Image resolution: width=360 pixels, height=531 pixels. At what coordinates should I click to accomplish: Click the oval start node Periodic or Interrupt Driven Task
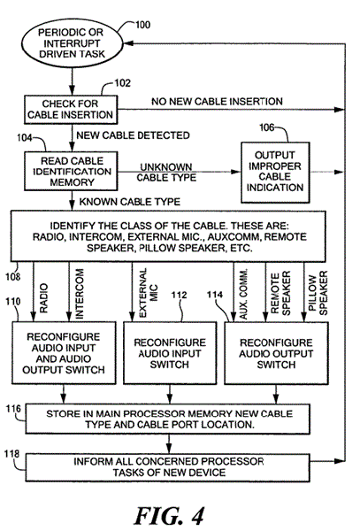click(72, 43)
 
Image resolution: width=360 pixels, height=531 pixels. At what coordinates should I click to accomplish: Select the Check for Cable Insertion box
click(71, 110)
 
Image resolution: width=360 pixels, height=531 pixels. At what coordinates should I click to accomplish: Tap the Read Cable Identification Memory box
click(71, 171)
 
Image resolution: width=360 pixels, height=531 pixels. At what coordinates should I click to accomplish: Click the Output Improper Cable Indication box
click(275, 172)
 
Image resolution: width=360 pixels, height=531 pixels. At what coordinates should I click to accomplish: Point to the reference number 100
click(142, 25)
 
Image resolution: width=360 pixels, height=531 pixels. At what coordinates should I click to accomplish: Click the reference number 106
click(266, 127)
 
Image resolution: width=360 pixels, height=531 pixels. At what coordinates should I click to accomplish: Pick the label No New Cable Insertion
click(217, 101)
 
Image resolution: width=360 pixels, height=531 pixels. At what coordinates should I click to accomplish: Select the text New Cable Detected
click(133, 135)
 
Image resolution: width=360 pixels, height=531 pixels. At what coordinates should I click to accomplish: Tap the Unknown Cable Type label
click(166, 173)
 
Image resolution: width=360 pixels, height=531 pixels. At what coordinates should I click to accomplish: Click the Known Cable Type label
click(130, 202)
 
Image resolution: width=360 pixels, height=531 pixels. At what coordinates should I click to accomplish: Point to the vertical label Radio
click(44, 298)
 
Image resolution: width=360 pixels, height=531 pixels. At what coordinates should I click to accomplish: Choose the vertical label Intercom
click(79, 294)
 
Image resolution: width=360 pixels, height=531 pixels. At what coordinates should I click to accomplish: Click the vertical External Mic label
click(148, 293)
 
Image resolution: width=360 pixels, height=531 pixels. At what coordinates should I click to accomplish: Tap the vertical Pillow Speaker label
click(318, 293)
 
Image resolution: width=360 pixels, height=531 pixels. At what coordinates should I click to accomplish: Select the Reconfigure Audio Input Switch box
click(170, 353)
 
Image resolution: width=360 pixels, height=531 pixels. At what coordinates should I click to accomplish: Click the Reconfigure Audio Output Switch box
click(276, 353)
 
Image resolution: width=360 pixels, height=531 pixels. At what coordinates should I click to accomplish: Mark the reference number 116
click(13, 409)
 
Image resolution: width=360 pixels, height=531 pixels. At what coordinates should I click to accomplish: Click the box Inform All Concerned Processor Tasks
click(167, 467)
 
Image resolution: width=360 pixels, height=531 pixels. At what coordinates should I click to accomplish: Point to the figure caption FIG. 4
click(169, 516)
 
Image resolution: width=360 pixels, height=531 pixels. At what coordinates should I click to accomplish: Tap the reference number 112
click(179, 295)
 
